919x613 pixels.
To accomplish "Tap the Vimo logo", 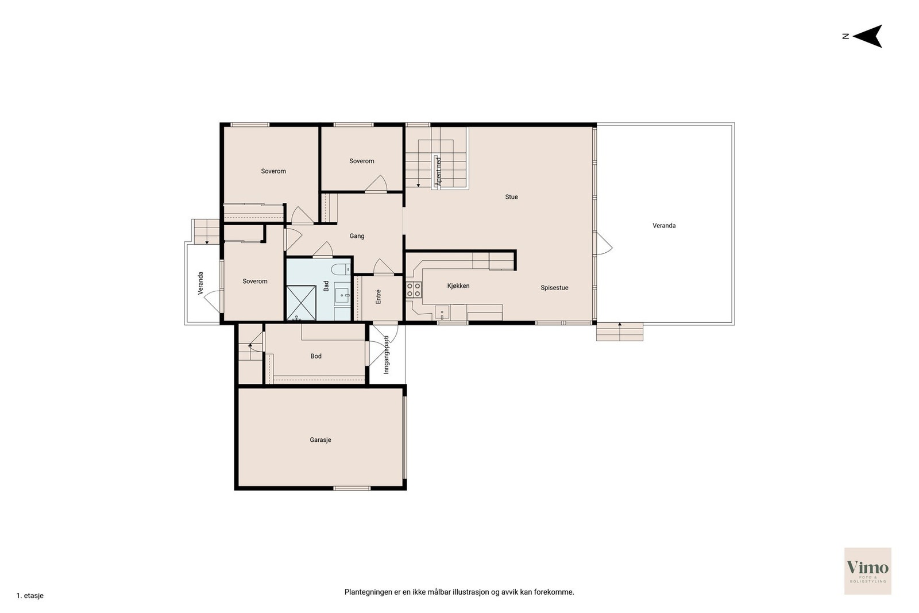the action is (868, 570).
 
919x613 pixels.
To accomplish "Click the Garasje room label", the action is (321, 440).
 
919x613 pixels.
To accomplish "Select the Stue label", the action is (511, 197).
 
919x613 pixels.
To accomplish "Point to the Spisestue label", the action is (554, 288).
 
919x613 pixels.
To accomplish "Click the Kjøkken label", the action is (458, 286).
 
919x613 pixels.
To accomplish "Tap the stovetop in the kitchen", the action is (414, 290).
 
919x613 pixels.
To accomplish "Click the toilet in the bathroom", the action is (341, 269).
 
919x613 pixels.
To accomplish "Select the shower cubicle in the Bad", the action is (301, 303).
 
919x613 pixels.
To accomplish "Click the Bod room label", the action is (316, 356).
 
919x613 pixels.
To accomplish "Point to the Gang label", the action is (357, 236).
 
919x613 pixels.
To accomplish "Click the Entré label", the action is (379, 296).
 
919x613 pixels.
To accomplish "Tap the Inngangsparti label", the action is (386, 354).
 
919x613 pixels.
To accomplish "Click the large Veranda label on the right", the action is (664, 226).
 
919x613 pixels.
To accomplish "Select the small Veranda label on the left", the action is (200, 283).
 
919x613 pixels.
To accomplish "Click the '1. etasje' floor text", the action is (30, 596).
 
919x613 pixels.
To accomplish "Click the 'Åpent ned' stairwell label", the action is (439, 172).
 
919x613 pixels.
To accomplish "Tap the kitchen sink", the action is (442, 313).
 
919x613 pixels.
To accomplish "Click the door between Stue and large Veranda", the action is (603, 244).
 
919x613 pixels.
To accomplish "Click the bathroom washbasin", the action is (342, 295).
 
